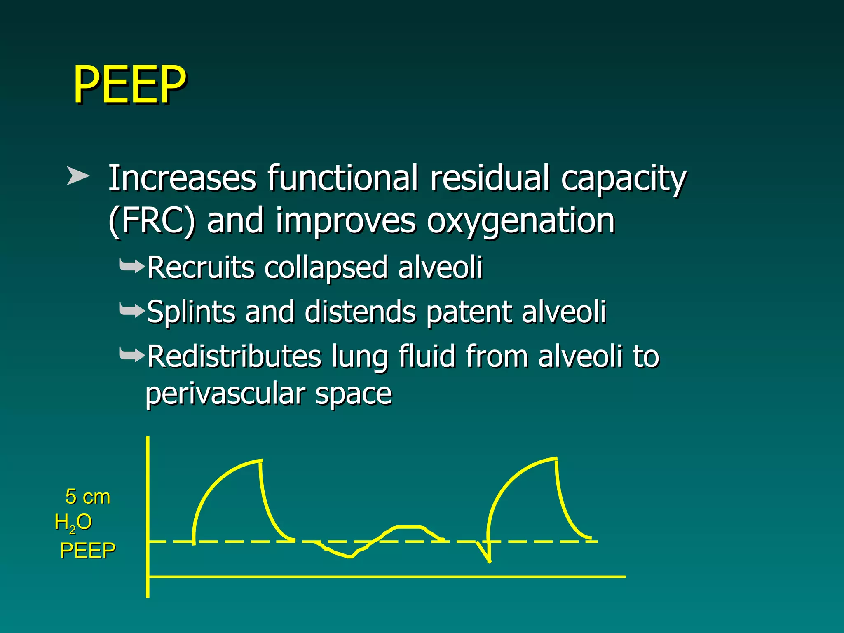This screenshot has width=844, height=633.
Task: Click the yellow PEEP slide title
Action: pyautogui.click(x=129, y=84)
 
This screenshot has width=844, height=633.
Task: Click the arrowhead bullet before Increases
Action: pyautogui.click(x=78, y=176)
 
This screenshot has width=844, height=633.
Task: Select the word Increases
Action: pyautogui.click(x=182, y=178)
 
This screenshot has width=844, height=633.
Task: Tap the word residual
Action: pyautogui.click(x=490, y=178)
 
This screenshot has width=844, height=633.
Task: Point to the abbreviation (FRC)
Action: pyautogui.click(x=151, y=221)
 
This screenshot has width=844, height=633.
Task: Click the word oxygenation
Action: pyautogui.click(x=520, y=222)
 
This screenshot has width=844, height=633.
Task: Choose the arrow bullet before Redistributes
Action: pyautogui.click(x=132, y=354)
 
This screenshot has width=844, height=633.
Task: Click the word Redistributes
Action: pyautogui.click(x=234, y=356)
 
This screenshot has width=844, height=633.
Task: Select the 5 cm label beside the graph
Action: pyautogui.click(x=88, y=497)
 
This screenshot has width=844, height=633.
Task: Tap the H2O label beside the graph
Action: pyautogui.click(x=73, y=523)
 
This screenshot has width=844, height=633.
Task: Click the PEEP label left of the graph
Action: pyautogui.click(x=88, y=551)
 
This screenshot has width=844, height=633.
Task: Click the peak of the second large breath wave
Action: pyautogui.click(x=556, y=458)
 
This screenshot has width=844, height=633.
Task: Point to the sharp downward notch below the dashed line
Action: pyautogui.click(x=489, y=560)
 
